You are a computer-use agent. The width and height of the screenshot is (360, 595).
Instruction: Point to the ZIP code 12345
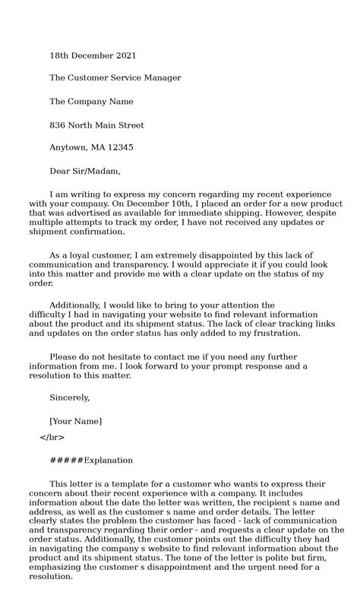[x=120, y=147]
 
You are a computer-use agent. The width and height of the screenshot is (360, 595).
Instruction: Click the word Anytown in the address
[x=68, y=147]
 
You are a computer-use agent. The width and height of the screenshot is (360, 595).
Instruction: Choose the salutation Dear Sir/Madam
[x=85, y=171]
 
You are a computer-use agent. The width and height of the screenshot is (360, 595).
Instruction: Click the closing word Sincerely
[x=70, y=397]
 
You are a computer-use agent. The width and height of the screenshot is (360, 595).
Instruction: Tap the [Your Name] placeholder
[x=75, y=421]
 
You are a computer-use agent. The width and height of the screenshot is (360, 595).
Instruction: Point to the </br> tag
[x=52, y=437]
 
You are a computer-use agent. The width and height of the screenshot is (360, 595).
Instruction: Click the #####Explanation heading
[x=91, y=460]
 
